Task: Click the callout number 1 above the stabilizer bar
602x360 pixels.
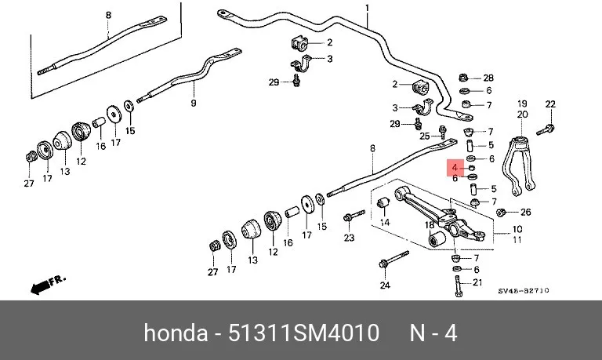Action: [x=367, y=8]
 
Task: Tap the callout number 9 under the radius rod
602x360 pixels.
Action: [x=194, y=103]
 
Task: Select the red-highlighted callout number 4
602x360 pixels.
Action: [x=455, y=168]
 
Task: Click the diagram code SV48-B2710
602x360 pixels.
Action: [x=524, y=291]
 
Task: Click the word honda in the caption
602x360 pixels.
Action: [x=176, y=333]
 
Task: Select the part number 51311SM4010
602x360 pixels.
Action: [x=303, y=333]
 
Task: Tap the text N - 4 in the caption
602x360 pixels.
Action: [x=433, y=333]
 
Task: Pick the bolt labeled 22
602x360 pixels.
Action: [x=546, y=130]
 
